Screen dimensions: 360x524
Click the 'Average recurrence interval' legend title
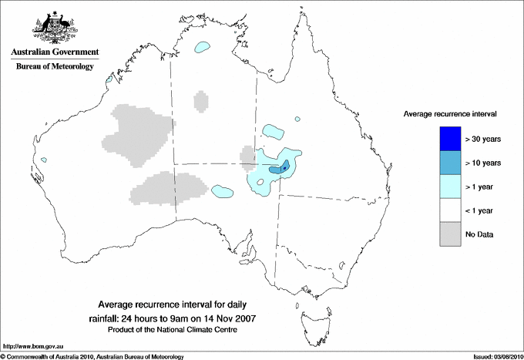(450, 113)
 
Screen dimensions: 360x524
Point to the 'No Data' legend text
(479, 234)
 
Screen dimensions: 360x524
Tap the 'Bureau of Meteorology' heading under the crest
(55, 67)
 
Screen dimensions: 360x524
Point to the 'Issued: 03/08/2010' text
(495, 356)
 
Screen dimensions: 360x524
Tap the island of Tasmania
(310, 315)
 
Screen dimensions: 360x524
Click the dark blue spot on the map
(285, 167)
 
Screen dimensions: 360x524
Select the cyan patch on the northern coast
(203, 47)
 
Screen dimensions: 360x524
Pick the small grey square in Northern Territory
(200, 101)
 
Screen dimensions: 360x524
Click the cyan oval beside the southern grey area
(223, 190)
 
